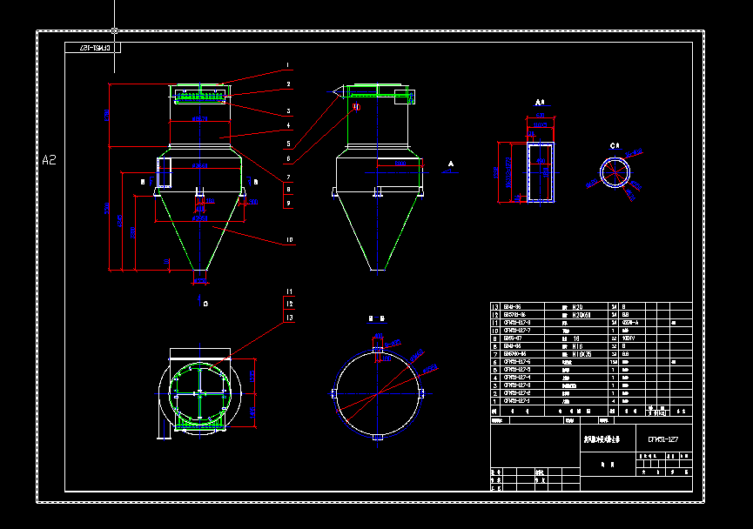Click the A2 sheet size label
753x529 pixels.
[x=49, y=159]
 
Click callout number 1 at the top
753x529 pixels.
[x=287, y=65]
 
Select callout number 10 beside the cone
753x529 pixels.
[x=289, y=239]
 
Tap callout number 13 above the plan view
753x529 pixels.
[x=289, y=318]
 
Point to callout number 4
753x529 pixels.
[x=288, y=126]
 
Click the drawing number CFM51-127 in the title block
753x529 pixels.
[x=657, y=441]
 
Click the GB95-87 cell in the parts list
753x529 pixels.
[x=512, y=338]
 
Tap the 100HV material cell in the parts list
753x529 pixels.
[x=627, y=338]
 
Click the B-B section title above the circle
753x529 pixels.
[x=377, y=319]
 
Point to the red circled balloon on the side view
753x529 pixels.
[x=356, y=108]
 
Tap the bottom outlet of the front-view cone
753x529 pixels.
[x=200, y=277]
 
